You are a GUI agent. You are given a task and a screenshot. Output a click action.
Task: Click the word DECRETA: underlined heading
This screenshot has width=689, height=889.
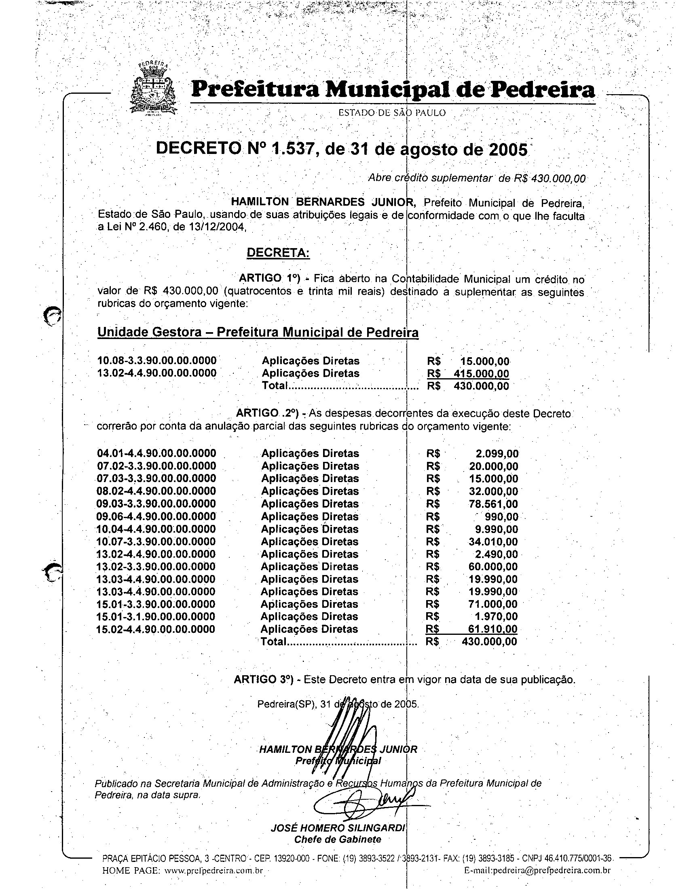click(x=278, y=253)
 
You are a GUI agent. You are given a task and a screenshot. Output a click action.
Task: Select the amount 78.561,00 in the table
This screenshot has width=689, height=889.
click(x=493, y=504)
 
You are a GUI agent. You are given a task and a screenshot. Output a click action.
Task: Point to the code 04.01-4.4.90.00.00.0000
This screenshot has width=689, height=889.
click(x=156, y=453)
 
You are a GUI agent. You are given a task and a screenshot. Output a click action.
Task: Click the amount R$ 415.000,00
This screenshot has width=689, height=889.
click(x=468, y=374)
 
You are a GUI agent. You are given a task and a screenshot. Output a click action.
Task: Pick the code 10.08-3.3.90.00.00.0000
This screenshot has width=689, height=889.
click(x=157, y=360)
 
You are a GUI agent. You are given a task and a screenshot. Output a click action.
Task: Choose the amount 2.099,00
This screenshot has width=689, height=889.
click(x=497, y=454)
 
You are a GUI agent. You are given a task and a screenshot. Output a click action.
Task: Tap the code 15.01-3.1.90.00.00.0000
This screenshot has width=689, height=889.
click(x=156, y=617)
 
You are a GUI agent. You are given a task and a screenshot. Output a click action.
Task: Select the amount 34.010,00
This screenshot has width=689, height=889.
click(x=493, y=542)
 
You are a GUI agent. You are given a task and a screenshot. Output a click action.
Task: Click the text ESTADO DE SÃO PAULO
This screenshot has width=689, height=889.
click(x=392, y=113)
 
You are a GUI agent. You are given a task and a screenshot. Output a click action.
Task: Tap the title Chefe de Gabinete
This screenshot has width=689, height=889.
click(x=338, y=839)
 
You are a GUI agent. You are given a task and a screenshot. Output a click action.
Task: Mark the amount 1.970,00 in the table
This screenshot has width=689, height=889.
click(x=497, y=617)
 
